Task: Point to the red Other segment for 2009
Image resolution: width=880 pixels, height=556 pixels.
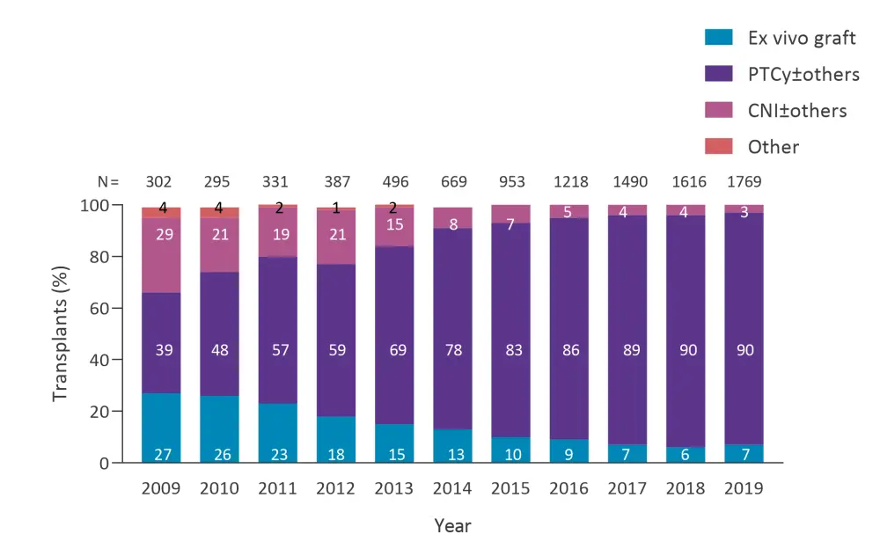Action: tap(161, 212)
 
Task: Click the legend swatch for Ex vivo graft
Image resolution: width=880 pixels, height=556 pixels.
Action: tap(718, 38)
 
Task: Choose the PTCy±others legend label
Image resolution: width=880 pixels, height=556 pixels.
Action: tap(803, 75)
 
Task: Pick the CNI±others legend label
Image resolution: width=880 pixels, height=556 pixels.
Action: tap(797, 111)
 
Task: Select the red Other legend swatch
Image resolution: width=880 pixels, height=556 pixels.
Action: tap(718, 147)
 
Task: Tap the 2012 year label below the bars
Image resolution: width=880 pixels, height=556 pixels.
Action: tap(336, 488)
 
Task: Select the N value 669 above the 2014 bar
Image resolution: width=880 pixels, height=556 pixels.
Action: tap(452, 182)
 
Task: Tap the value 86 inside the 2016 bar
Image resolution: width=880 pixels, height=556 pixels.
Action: tap(571, 350)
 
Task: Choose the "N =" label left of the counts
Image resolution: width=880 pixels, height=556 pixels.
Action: tap(109, 182)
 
